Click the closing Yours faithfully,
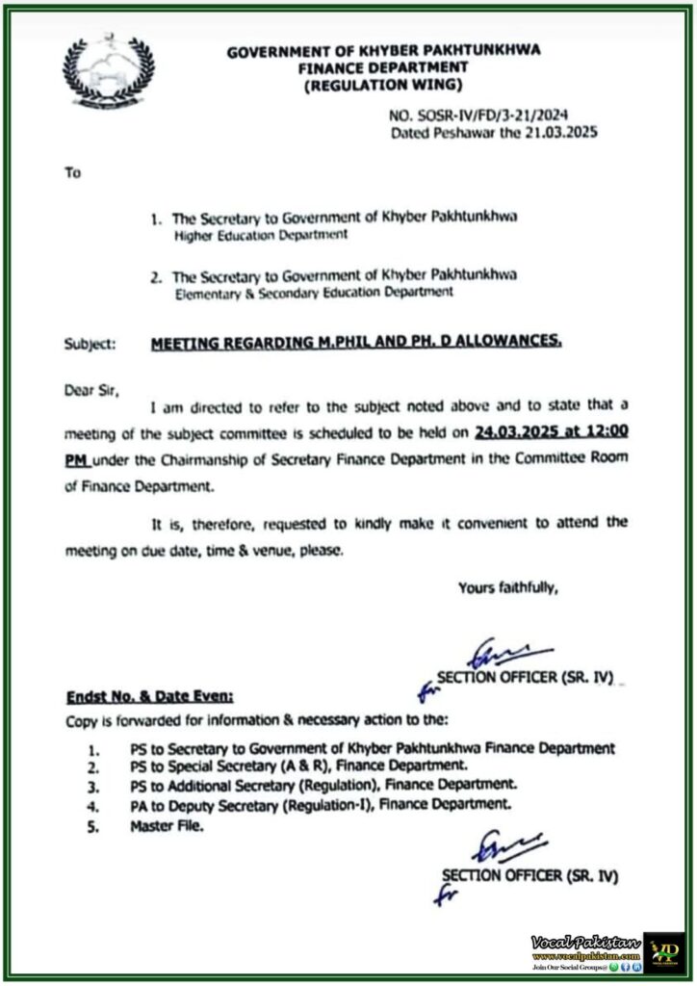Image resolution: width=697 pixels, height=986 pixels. [x=507, y=586]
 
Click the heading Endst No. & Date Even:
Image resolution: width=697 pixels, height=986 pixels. [x=148, y=695]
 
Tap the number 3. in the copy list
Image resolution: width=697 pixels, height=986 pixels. [x=94, y=786]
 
